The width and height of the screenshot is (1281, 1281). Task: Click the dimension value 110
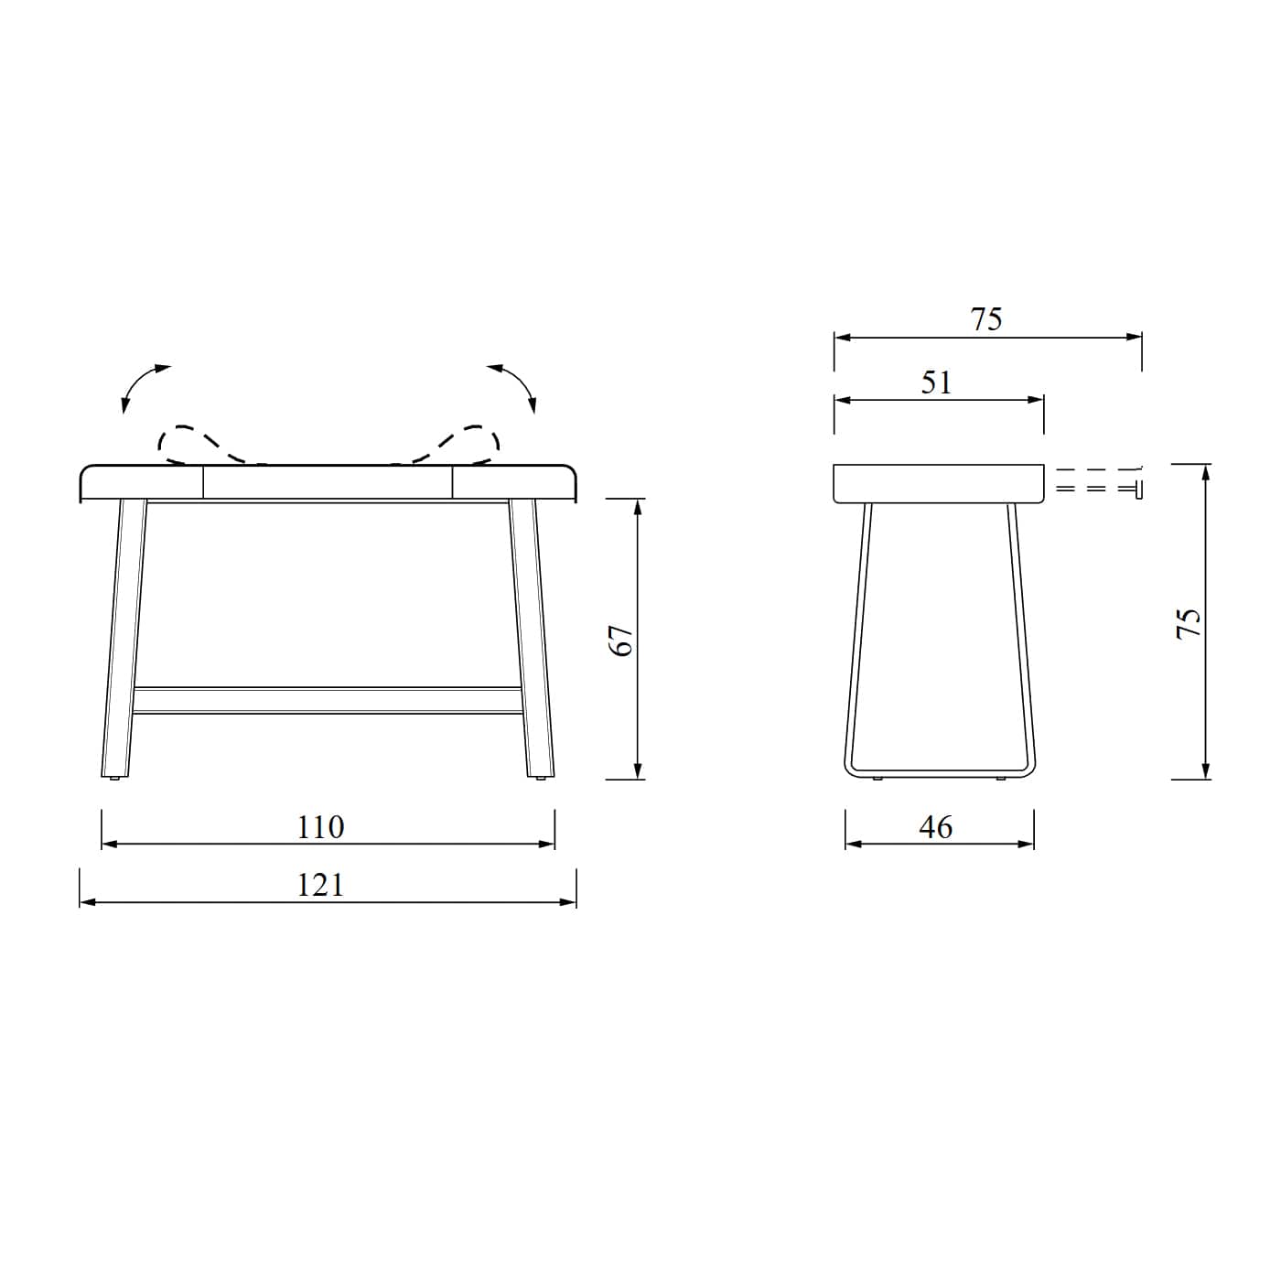pos(320,828)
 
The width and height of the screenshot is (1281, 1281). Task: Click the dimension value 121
pos(320,886)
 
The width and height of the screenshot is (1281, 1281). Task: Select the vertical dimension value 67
pos(622,640)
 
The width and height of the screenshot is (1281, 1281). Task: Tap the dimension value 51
pos(937,382)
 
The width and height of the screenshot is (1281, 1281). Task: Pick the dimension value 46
pos(936,827)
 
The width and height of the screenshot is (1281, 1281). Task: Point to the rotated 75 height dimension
pos(1189,623)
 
